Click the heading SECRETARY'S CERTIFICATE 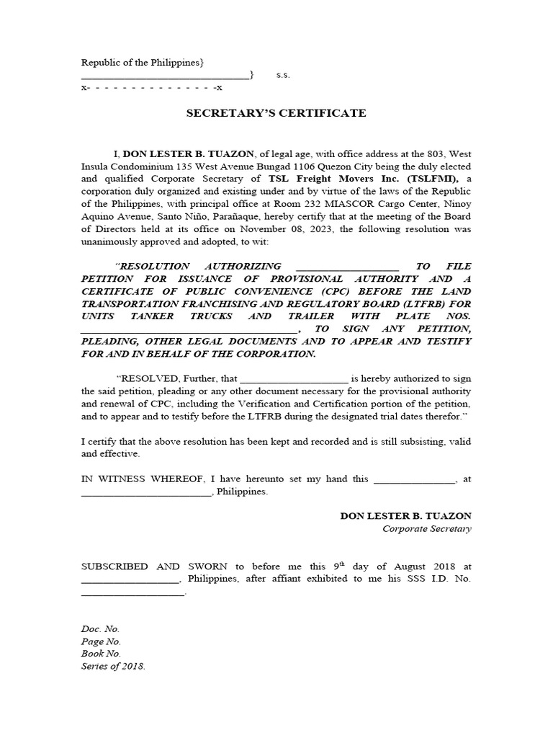coord(276,113)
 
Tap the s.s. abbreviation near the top coord(282,75)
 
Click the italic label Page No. coord(101,641)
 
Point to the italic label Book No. coord(101,654)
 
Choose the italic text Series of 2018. coord(113,666)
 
